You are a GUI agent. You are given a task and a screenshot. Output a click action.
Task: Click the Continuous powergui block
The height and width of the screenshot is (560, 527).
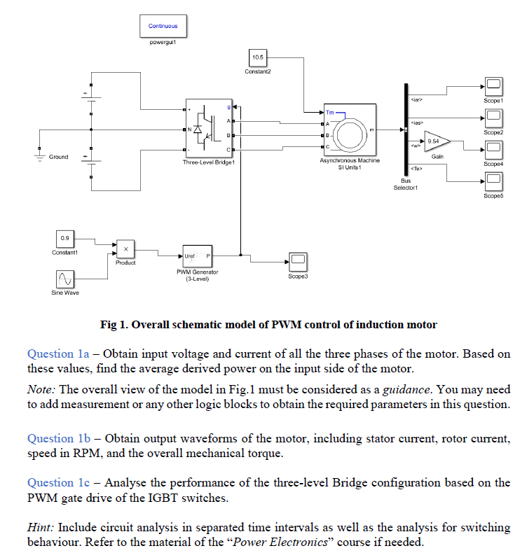click(x=163, y=26)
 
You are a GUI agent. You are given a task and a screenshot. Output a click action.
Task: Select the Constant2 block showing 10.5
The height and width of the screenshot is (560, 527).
click(x=257, y=57)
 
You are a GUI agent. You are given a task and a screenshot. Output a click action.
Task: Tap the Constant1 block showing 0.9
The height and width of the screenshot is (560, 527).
click(x=64, y=238)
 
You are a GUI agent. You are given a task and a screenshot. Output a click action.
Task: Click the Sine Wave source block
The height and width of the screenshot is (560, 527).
click(x=64, y=279)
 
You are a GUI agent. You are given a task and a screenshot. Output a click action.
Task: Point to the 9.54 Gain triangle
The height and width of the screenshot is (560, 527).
click(x=435, y=141)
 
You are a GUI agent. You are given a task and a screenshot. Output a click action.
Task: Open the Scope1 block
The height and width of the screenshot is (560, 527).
click(x=493, y=86)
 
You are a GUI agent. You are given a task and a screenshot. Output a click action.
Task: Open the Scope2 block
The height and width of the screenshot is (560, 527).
click(x=493, y=118)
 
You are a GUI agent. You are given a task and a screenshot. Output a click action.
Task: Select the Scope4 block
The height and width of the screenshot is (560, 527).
click(x=493, y=149)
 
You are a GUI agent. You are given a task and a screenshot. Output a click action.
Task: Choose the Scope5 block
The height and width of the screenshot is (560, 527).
click(x=493, y=181)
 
